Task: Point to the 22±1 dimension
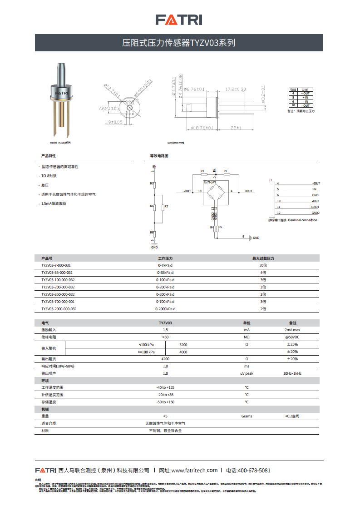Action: pos(235,128)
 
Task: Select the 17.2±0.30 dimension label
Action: pos(236,89)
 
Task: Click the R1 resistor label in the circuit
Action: pos(203,171)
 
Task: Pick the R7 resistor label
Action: pos(166,207)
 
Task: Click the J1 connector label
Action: pos(271,180)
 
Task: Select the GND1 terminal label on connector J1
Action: pos(315,207)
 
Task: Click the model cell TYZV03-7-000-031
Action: pos(56,265)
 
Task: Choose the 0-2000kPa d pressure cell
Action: pos(165,309)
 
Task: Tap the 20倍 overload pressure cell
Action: pos(263,265)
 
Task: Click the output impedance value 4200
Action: pos(165,359)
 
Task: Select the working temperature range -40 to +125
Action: pos(165,387)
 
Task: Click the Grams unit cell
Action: pos(247,416)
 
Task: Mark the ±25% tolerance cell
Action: pos(292,344)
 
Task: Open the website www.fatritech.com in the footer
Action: pos(195,471)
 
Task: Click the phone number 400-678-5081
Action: pos(254,471)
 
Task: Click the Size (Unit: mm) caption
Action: pos(176,143)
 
